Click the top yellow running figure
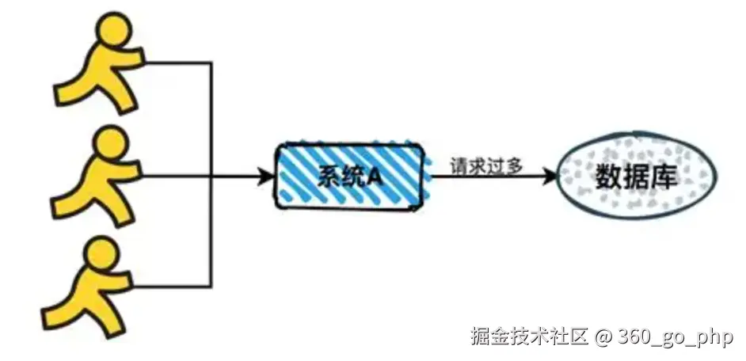(x=99, y=67)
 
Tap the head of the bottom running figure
(x=103, y=255)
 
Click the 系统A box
(x=348, y=177)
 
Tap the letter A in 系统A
(x=373, y=177)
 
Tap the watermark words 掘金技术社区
(x=529, y=336)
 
